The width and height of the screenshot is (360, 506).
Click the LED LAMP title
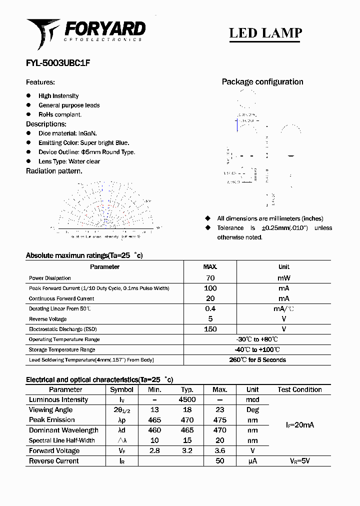coord(265,33)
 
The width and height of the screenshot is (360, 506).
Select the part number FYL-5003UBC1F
coord(58,63)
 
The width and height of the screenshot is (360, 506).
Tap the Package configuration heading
coord(262,82)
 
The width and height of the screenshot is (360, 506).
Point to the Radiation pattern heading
coord(54,171)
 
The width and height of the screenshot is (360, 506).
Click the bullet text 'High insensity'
coord(58,96)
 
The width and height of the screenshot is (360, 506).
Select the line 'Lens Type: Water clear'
coord(69,161)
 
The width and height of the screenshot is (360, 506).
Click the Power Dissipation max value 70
coord(210,278)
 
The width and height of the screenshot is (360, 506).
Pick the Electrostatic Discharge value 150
coord(210,329)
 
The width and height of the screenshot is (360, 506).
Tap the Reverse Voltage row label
coord(48,319)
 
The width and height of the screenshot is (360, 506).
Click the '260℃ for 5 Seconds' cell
coord(257,360)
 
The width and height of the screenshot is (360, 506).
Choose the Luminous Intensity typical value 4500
coord(187,399)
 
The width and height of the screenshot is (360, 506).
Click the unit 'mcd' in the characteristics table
coord(252,400)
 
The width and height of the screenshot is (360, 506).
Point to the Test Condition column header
coord(299,389)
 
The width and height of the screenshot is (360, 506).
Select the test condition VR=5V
coord(299,461)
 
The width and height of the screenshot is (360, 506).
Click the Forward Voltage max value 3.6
coord(219,450)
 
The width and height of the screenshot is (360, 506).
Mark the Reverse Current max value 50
coord(219,461)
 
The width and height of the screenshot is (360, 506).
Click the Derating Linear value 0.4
coord(210,308)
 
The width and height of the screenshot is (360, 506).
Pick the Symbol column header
coord(121,389)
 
